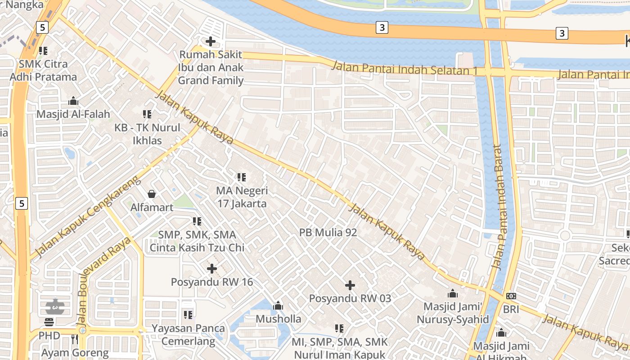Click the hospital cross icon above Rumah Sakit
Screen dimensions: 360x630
210,42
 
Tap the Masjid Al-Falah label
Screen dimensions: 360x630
73,114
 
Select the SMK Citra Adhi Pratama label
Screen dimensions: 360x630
43,70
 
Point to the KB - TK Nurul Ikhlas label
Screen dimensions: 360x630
147,134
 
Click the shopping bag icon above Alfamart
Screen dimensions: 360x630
152,194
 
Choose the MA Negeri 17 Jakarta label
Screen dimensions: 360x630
242,197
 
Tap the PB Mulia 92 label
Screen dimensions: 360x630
328,233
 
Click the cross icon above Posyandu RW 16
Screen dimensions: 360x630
211,269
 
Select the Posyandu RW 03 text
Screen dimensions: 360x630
350,298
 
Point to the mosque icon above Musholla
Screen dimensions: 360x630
278,306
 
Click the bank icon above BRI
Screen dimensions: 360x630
511,296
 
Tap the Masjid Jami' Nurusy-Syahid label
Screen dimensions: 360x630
452,313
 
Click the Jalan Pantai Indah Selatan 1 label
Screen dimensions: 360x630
405,68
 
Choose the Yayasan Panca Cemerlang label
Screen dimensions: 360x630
188,334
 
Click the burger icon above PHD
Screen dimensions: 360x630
49,322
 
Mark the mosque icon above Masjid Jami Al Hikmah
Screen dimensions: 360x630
501,333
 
